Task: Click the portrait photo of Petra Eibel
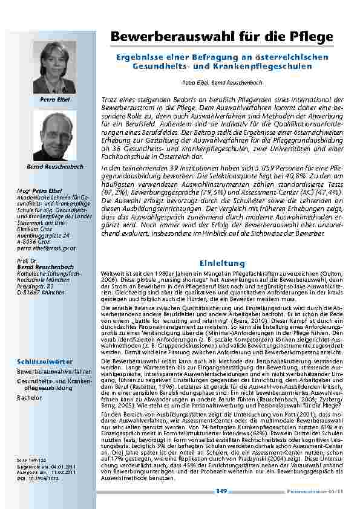click(54, 66)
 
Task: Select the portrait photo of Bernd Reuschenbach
click(54, 135)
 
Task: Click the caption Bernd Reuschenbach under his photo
click(54, 166)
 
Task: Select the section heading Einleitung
click(222, 264)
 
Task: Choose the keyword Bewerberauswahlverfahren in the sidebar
click(54, 372)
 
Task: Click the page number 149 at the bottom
click(221, 491)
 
